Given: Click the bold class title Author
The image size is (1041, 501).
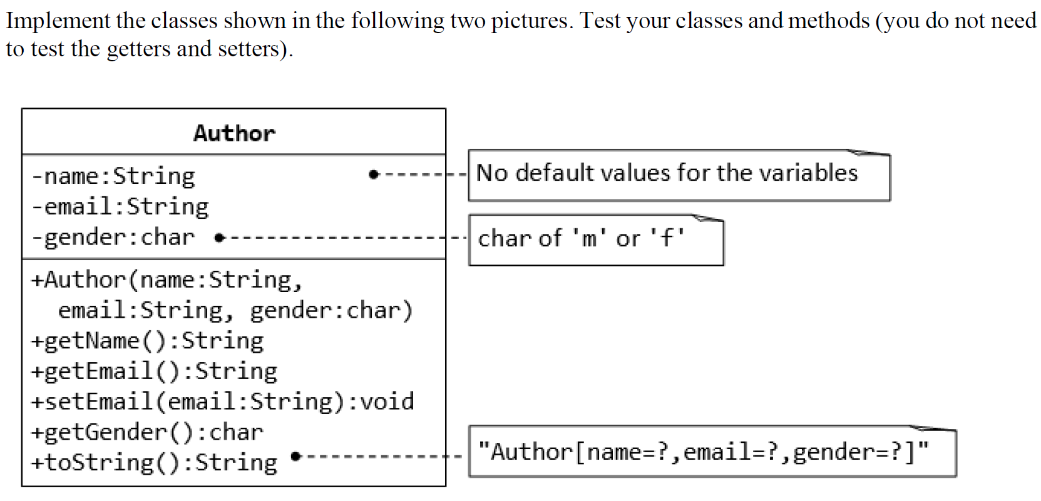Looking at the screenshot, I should point(234,133).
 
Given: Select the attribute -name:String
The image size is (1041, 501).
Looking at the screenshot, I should point(113,176).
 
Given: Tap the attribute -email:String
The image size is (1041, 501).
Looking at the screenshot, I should point(120,206).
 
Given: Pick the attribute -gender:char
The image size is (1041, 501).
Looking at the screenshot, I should point(113,238).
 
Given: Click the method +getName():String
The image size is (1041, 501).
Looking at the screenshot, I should point(148,341).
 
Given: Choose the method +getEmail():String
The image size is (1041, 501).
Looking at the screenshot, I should point(155,372).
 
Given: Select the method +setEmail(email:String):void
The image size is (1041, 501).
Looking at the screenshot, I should point(223,402).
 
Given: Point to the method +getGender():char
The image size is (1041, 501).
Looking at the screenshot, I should point(148,432).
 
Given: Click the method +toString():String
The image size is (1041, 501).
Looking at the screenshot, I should point(155,463).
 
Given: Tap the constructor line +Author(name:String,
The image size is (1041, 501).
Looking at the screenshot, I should point(167,280).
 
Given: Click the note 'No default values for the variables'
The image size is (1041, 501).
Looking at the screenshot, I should point(667,173).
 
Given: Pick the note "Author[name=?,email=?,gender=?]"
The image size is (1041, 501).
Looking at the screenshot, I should point(704,452).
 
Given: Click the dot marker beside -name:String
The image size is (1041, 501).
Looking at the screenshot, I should point(374,175).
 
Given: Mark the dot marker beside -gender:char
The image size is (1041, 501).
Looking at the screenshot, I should point(218,238).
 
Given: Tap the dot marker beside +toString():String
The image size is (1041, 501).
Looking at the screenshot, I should point(296,457).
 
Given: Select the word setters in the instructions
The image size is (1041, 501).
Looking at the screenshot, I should point(252,49).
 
